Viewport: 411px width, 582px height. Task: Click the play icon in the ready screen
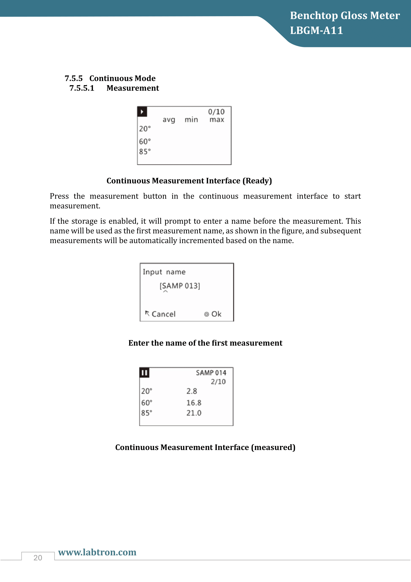click(142, 112)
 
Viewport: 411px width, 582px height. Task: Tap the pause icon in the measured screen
click(144, 373)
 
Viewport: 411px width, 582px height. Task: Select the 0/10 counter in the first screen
click(216, 112)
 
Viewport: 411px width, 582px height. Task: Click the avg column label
click(169, 120)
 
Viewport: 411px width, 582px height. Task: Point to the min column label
click(191, 119)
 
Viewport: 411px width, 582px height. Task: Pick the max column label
click(217, 119)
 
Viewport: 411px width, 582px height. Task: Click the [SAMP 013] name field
click(180, 286)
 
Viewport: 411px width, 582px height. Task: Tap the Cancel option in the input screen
click(163, 314)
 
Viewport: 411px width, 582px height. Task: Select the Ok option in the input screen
click(216, 314)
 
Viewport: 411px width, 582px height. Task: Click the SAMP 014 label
click(211, 373)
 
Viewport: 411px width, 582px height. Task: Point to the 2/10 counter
click(218, 382)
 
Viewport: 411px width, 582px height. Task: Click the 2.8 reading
click(192, 391)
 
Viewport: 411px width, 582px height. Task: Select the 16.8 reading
click(194, 403)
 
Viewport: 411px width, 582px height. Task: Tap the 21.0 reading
click(194, 413)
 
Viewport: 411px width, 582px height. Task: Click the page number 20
click(38, 558)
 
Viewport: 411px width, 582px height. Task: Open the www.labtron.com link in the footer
click(97, 552)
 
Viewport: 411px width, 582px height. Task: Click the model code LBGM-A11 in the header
click(316, 30)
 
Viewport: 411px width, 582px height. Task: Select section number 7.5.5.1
click(82, 88)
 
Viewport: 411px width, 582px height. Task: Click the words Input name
click(164, 272)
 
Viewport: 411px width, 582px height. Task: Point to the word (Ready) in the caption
click(257, 181)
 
